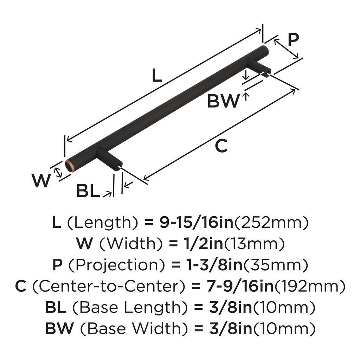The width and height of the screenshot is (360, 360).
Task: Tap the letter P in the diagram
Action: click(x=293, y=40)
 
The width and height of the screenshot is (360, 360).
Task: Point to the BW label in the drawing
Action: click(x=223, y=102)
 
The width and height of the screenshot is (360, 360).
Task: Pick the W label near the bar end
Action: click(x=41, y=181)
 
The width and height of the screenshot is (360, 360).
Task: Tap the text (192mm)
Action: click(x=310, y=287)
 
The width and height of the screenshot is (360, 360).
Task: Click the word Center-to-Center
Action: click(x=109, y=287)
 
